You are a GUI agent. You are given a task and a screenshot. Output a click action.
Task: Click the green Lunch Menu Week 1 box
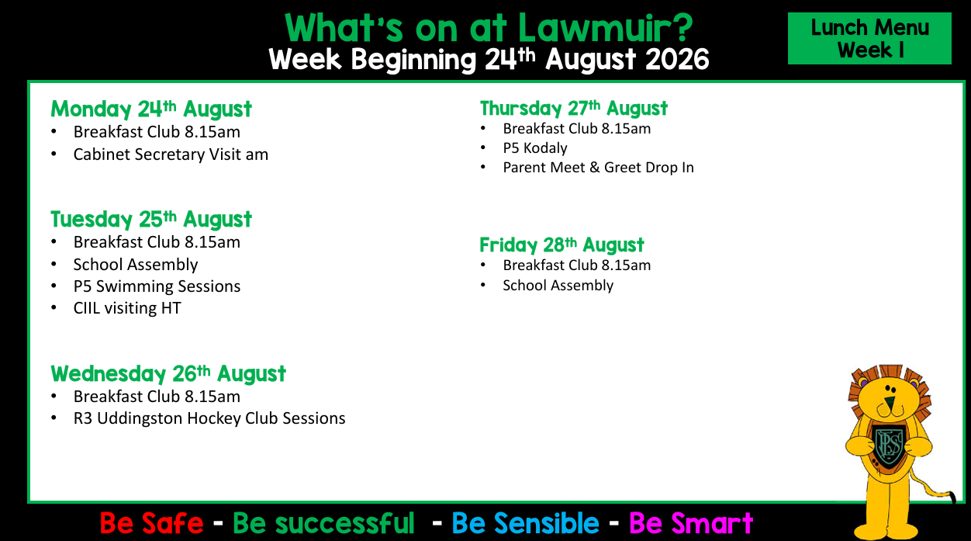pyautogui.click(x=869, y=39)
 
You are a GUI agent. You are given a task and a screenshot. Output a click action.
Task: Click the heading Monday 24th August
pyautogui.click(x=151, y=109)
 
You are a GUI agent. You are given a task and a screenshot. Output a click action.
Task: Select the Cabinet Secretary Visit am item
pyautogui.click(x=171, y=154)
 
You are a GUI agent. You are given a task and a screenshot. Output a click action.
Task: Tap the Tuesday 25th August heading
pyautogui.click(x=151, y=219)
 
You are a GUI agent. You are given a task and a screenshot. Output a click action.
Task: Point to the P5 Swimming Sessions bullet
pyautogui.click(x=157, y=286)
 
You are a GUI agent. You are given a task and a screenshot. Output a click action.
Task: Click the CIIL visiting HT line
pyautogui.click(x=127, y=308)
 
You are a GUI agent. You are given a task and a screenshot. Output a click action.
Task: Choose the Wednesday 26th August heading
pyautogui.click(x=168, y=373)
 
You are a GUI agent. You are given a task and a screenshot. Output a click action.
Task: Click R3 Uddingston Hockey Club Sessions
pyautogui.click(x=209, y=418)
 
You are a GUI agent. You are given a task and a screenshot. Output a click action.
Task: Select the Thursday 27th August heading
pyautogui.click(x=574, y=108)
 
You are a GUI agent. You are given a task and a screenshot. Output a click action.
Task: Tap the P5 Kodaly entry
pyautogui.click(x=535, y=148)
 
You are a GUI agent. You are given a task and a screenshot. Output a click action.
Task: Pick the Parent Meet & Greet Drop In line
pyautogui.click(x=598, y=168)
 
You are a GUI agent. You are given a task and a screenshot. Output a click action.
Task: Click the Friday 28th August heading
pyautogui.click(x=562, y=244)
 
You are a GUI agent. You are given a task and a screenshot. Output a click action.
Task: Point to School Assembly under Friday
pyautogui.click(x=558, y=286)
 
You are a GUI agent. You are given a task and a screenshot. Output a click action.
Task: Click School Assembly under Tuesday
pyautogui.click(x=135, y=265)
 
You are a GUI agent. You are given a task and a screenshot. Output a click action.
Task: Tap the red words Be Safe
pyautogui.click(x=151, y=523)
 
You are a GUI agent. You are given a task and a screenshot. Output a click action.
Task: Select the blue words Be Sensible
pyautogui.click(x=525, y=523)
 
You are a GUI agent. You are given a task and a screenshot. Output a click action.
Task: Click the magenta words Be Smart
pyautogui.click(x=691, y=523)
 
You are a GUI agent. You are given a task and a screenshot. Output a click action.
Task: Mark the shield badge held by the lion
pyautogui.click(x=889, y=447)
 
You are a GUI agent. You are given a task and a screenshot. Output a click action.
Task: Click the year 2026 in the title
pyautogui.click(x=677, y=60)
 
